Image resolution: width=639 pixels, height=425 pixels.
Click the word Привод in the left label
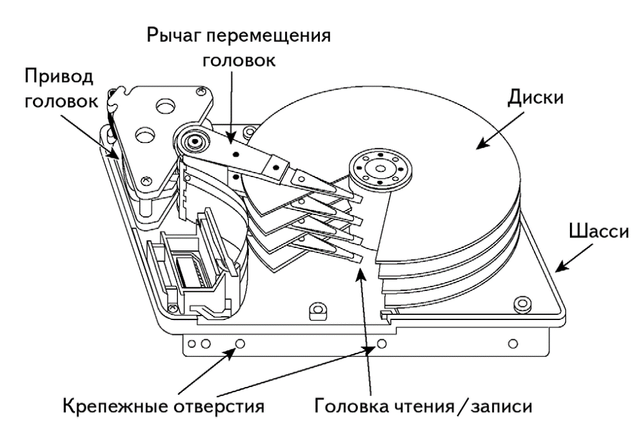click(x=59, y=76)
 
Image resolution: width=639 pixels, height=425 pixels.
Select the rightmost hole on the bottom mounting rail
click(x=512, y=342)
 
